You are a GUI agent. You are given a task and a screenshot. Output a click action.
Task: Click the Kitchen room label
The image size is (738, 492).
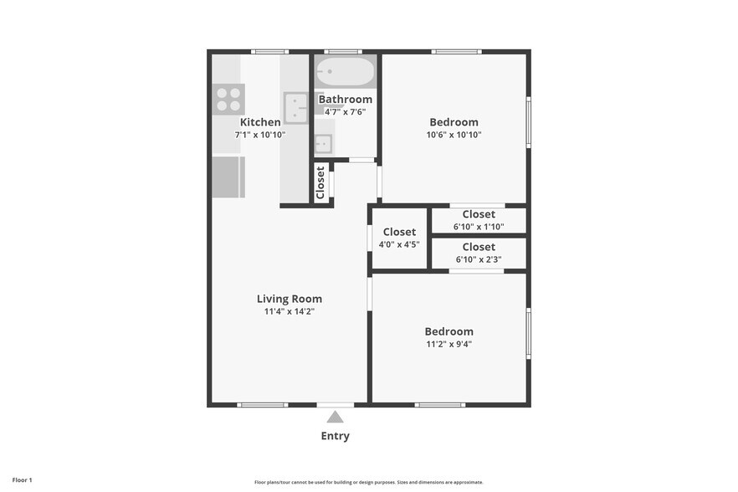tap(260, 122)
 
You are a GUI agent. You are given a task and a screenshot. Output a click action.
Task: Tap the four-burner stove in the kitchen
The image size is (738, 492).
tap(228, 100)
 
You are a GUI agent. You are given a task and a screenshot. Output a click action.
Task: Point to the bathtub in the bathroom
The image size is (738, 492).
tap(346, 72)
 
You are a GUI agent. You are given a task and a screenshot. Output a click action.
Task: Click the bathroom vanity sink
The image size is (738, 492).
tap(324, 144)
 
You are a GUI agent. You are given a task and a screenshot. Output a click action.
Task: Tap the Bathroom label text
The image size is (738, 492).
tap(345, 100)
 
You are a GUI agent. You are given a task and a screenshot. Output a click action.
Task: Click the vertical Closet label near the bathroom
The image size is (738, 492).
tap(320, 183)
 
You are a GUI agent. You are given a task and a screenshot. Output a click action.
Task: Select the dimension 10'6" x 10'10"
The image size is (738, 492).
tap(454, 135)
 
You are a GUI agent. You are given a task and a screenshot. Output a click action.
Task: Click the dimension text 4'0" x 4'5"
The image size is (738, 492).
tap(399, 245)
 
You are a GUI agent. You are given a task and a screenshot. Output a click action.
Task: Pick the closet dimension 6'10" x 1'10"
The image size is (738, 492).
tap(479, 227)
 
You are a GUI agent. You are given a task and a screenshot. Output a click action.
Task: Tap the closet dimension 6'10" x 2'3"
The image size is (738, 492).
tap(479, 259)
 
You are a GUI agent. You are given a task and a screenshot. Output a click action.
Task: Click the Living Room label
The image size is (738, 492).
tap(289, 299)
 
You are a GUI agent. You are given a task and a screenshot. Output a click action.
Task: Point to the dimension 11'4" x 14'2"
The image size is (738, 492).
tap(289, 311)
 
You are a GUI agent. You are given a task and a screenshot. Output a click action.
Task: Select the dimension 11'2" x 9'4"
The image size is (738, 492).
tap(448, 344)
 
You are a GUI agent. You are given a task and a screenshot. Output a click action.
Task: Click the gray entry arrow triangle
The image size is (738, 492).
tap(335, 417)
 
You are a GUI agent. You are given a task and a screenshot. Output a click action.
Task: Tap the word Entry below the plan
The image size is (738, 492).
tap(335, 436)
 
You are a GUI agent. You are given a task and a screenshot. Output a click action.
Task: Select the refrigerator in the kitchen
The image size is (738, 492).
tap(228, 177)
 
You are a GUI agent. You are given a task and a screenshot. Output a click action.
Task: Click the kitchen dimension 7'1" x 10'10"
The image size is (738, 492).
tap(260, 135)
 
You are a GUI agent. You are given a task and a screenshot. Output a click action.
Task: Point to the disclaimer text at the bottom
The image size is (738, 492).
tap(368, 482)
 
